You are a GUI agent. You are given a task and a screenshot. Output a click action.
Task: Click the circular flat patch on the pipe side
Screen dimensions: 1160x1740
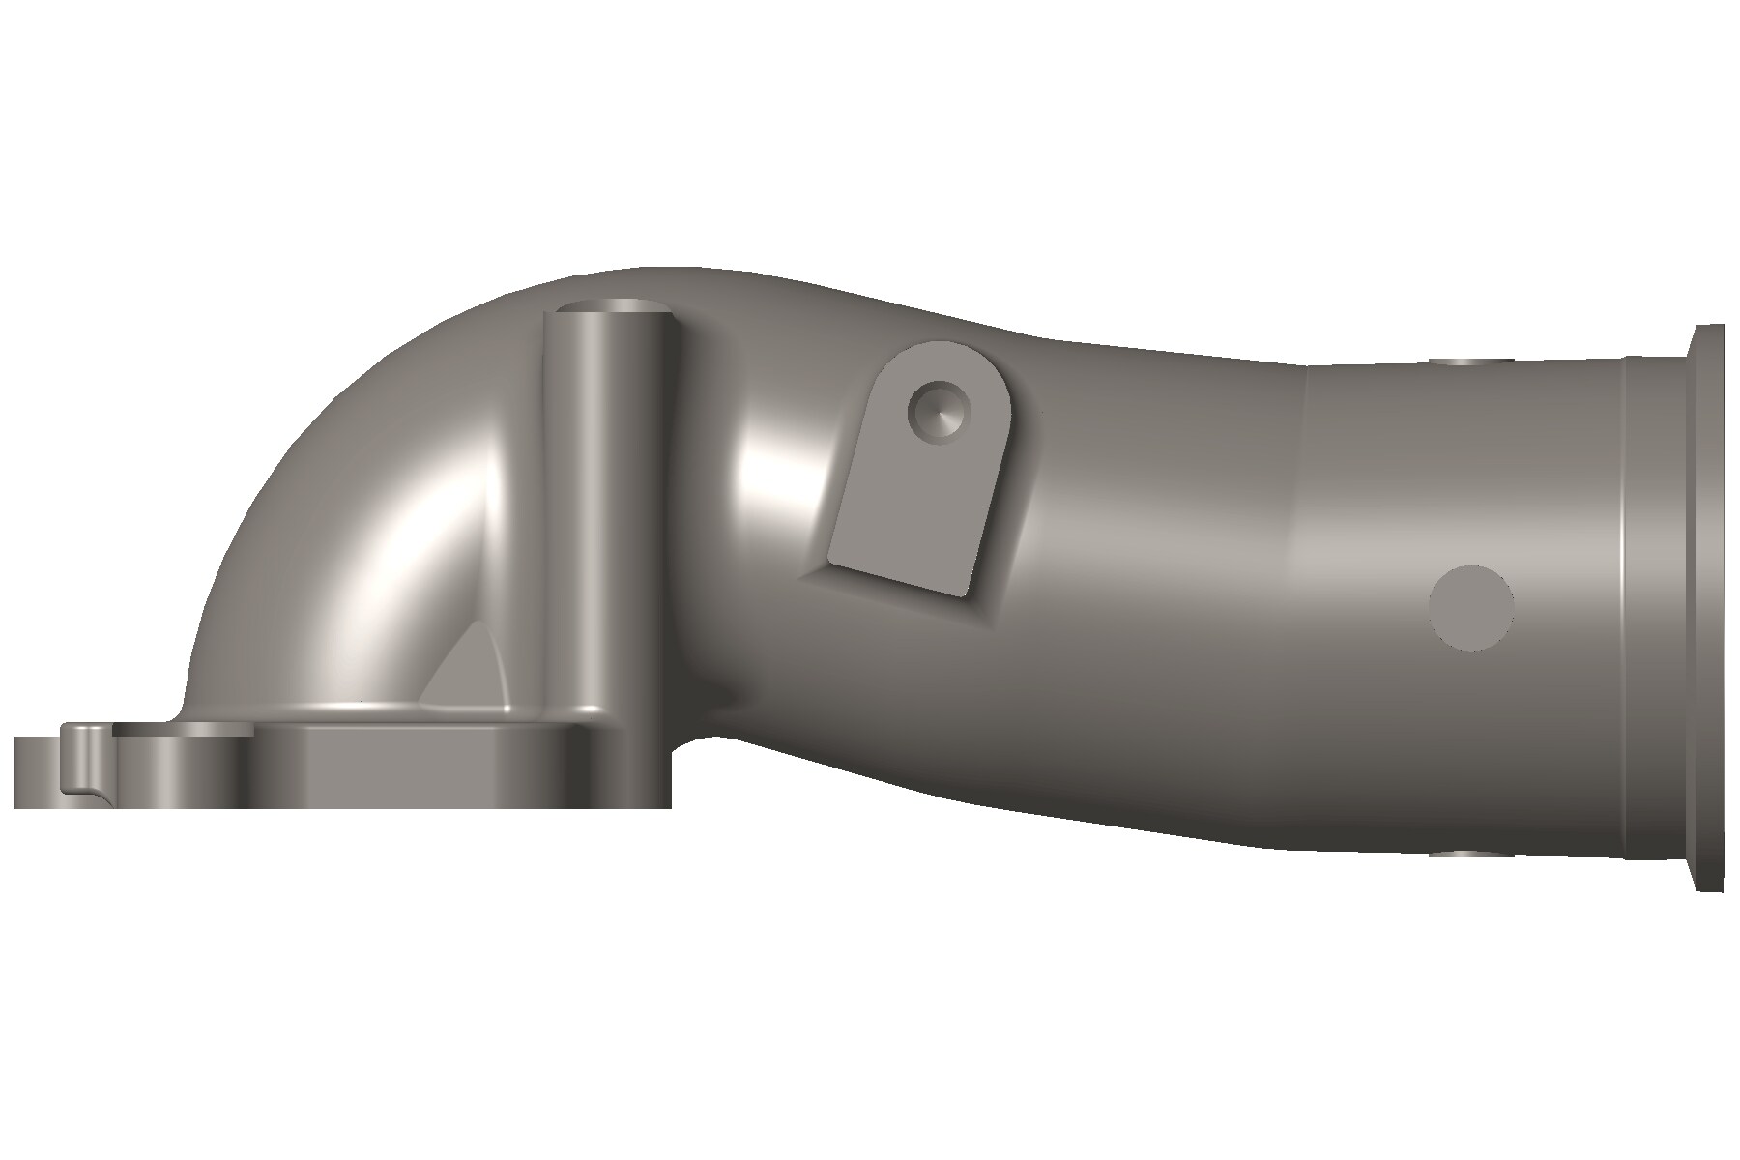[x=1470, y=607]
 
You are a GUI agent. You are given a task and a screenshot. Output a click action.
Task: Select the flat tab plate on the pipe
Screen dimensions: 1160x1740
[x=918, y=483]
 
